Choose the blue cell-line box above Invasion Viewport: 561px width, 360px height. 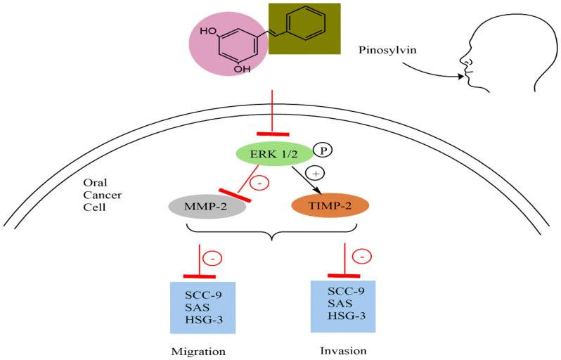point(342,306)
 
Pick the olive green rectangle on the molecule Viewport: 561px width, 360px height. point(304,30)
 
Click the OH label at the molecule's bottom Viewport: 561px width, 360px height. point(242,70)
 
